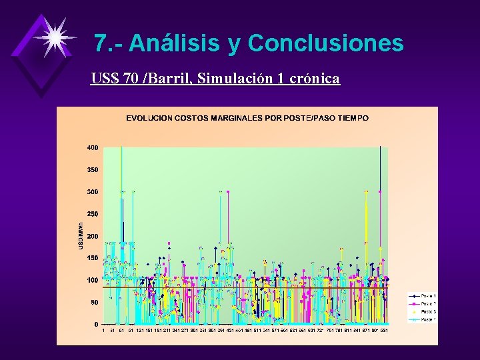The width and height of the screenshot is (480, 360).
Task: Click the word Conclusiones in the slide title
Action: [325, 43]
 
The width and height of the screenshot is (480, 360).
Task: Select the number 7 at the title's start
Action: [100, 43]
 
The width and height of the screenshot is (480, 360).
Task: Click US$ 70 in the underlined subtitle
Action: [114, 79]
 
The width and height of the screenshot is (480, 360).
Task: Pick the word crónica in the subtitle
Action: [313, 79]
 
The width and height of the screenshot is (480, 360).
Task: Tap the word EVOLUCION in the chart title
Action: [148, 118]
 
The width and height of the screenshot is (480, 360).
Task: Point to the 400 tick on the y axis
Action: [92, 147]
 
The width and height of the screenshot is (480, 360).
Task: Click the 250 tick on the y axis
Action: [92, 214]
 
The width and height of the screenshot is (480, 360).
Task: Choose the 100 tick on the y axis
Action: [92, 280]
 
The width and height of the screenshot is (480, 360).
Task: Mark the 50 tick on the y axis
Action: [93, 302]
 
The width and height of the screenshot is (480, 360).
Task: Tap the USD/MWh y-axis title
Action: [80, 237]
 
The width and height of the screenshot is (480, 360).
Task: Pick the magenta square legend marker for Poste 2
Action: [414, 304]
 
